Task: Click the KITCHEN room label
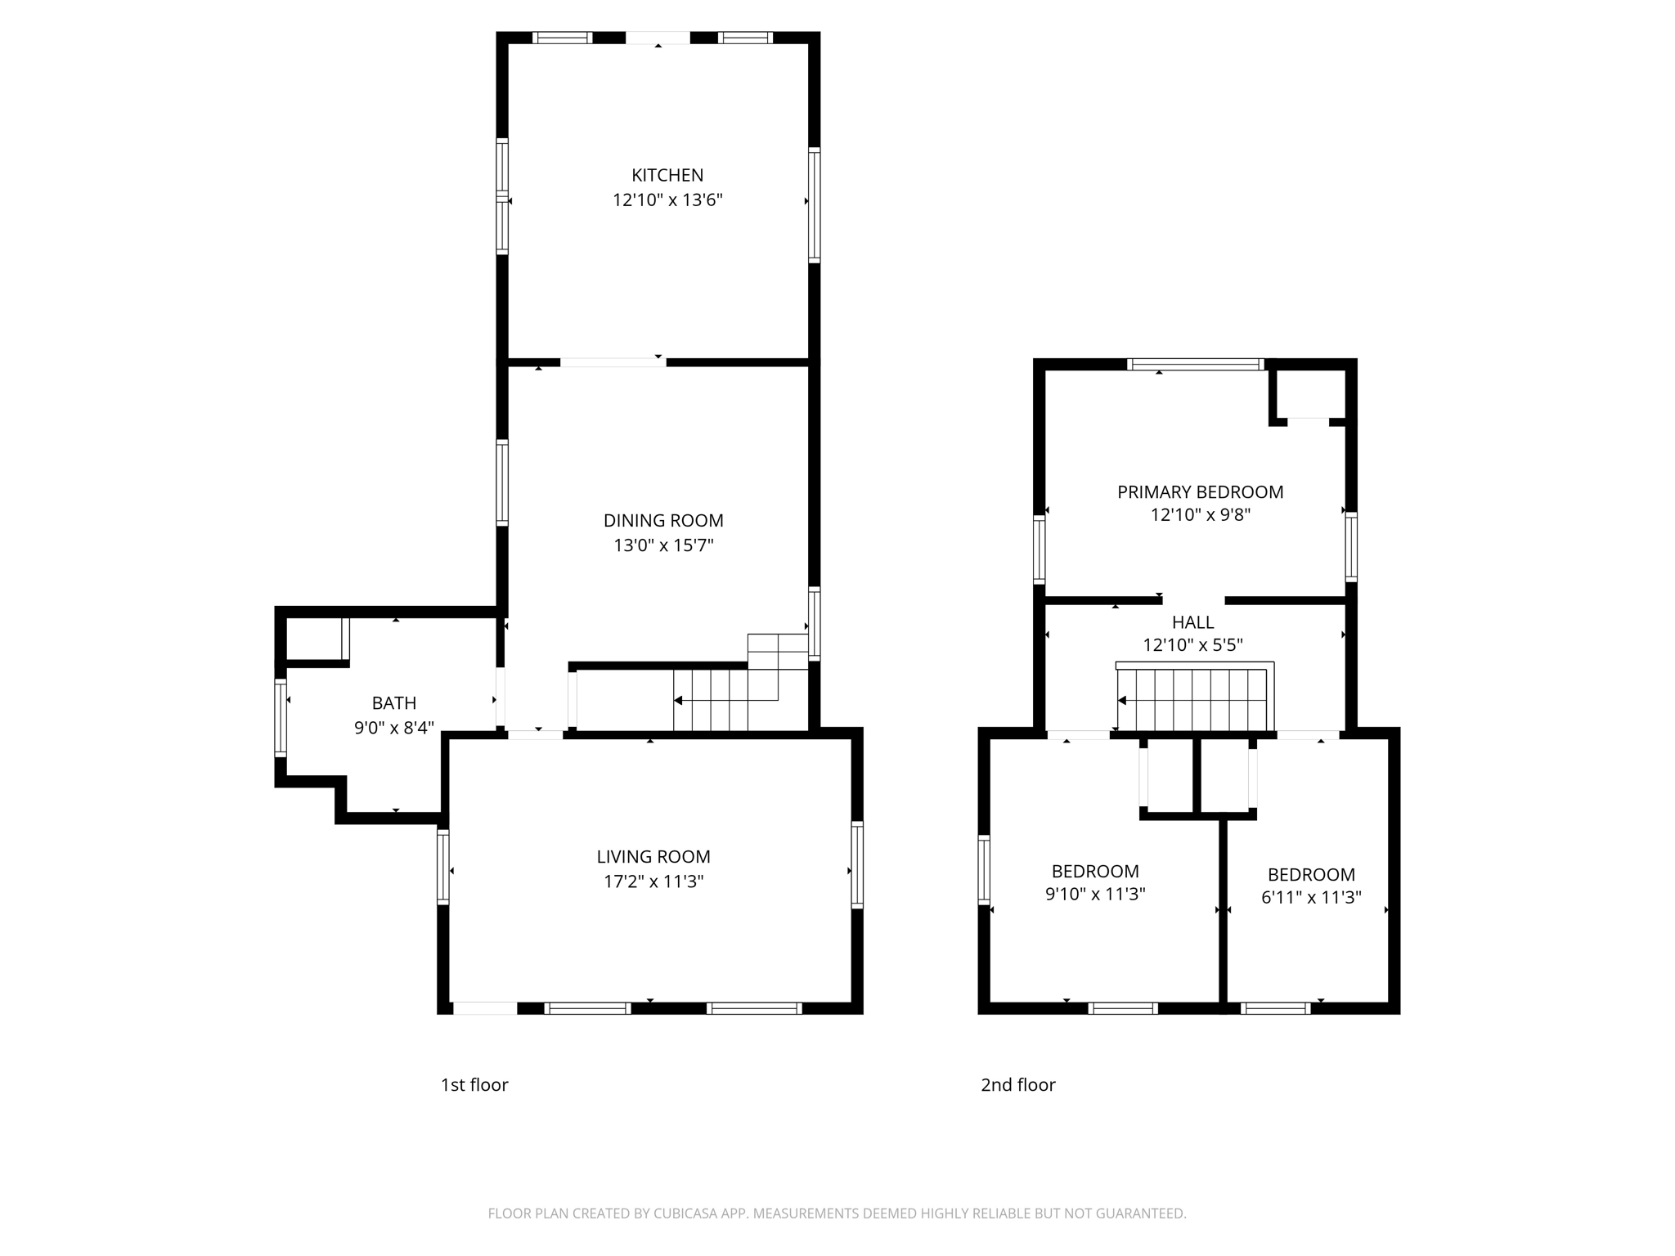(x=667, y=175)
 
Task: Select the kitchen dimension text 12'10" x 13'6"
(x=667, y=200)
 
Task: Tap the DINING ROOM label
(x=663, y=521)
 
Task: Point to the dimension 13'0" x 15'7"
(x=663, y=545)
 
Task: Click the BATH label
(x=393, y=703)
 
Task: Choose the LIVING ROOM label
(x=653, y=857)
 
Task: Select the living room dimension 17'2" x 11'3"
(x=653, y=881)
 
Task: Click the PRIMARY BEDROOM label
(x=1200, y=492)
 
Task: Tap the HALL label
(x=1192, y=622)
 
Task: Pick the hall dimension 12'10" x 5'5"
(x=1192, y=645)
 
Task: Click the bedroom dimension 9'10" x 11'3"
(x=1094, y=895)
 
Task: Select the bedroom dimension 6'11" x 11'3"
(x=1310, y=898)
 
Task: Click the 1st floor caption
(x=474, y=1085)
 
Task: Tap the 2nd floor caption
(x=1017, y=1085)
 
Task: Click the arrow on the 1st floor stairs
(x=678, y=701)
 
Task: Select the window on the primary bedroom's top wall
(x=1195, y=365)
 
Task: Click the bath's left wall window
(x=281, y=717)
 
